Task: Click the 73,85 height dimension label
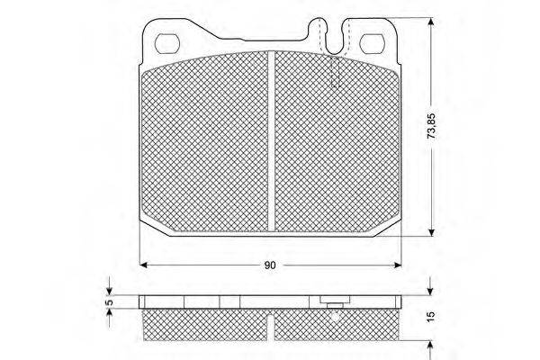[431, 126]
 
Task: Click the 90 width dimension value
[270, 265]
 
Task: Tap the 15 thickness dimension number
[431, 317]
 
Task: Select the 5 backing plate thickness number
[110, 302]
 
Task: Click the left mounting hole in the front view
[167, 43]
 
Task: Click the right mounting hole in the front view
[372, 44]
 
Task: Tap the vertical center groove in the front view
[272, 140]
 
